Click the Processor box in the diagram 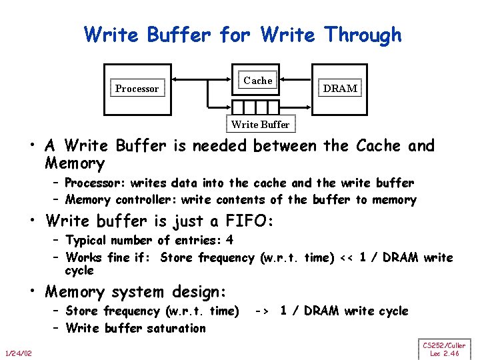137,89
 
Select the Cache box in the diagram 258,81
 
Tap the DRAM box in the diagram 340,88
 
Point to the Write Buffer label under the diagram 260,125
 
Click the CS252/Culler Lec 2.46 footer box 444,349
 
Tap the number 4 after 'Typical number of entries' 230,240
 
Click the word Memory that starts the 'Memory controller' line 88,200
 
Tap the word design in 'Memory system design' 199,292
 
